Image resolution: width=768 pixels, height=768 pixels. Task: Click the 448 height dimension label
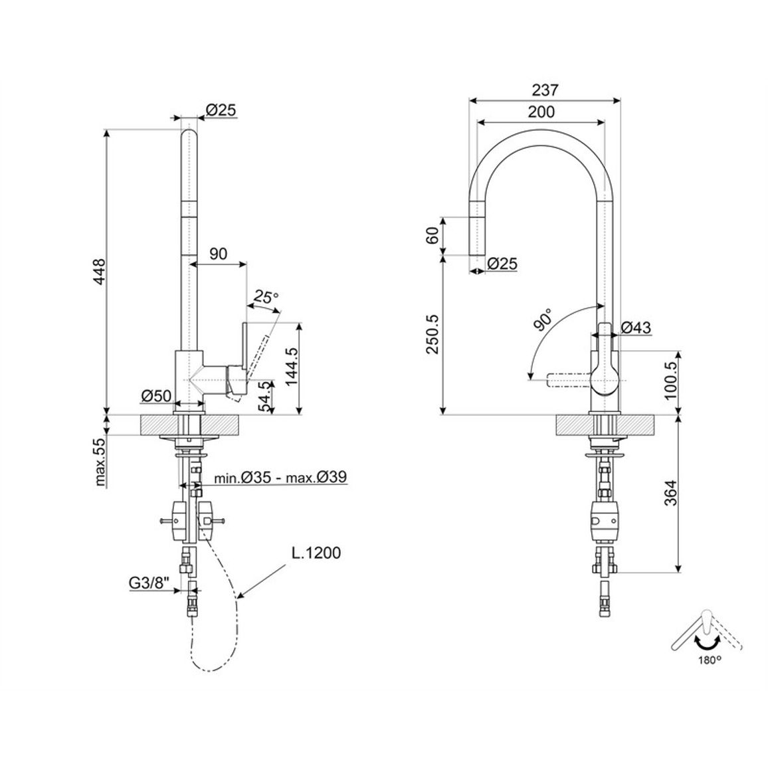point(100,272)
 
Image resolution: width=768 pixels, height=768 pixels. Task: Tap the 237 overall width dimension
point(545,90)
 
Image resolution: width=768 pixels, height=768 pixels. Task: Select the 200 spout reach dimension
point(541,112)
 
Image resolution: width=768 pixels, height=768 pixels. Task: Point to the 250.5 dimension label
point(433,335)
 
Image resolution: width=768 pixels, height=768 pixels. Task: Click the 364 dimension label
point(670,492)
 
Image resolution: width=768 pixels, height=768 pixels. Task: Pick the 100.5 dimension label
point(670,380)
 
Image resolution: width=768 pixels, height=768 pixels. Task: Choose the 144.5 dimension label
point(292,367)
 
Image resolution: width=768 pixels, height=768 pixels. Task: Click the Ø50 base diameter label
point(156,396)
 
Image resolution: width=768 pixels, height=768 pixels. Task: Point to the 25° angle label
point(266,297)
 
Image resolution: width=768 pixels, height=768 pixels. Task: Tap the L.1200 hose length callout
point(316,553)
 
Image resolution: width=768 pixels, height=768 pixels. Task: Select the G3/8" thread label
point(149,583)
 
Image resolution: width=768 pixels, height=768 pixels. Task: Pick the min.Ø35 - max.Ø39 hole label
point(280,476)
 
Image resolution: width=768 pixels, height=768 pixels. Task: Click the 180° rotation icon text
point(710,660)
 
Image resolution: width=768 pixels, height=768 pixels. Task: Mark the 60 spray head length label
point(432,236)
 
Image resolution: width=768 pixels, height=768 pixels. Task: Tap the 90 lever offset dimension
point(219,254)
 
